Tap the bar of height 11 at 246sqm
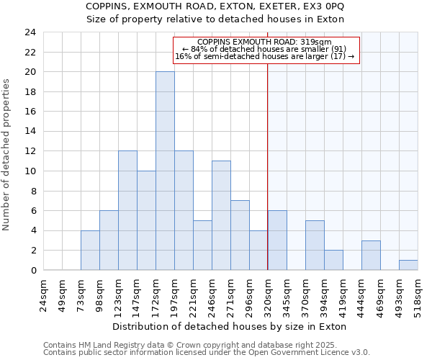point(221,215)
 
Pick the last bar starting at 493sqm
point(408,265)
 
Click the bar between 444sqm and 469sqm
point(371,255)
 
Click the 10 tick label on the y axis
point(30,171)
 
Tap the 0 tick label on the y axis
point(33,271)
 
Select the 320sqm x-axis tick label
point(268,294)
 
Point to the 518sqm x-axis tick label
point(418,294)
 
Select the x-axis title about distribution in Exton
point(230,326)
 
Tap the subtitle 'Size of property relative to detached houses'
point(215,19)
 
